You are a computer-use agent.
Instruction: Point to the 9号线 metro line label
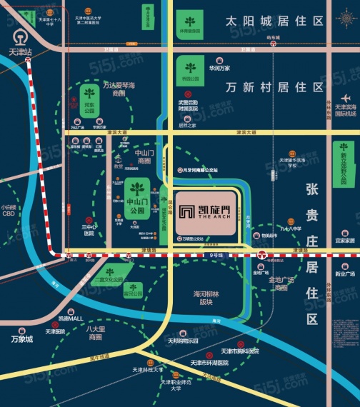216,256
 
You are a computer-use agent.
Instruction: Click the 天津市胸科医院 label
239,351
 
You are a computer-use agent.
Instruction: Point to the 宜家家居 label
344,241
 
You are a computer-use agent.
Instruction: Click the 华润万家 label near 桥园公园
219,68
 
